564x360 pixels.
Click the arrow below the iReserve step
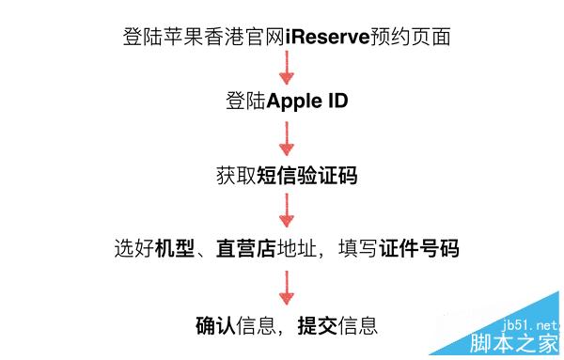[286, 70]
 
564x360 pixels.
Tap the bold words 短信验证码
[306, 176]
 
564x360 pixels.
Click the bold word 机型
[175, 250]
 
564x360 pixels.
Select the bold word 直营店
[243, 250]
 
